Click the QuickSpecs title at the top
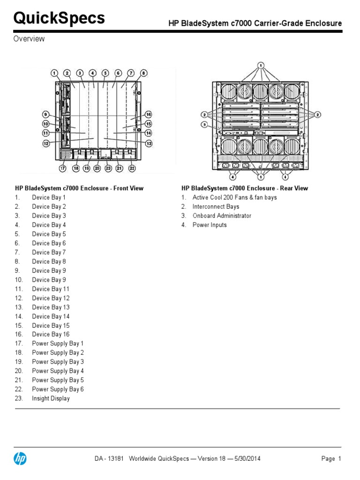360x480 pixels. click(x=59, y=18)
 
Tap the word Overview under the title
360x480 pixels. click(x=29, y=39)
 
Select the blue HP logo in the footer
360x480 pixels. click(x=20, y=459)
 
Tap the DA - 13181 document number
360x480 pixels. click(x=108, y=459)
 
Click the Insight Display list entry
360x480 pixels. click(x=51, y=398)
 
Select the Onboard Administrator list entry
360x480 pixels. click(x=222, y=216)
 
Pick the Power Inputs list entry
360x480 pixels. click(x=210, y=225)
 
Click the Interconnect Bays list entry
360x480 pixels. click(x=216, y=207)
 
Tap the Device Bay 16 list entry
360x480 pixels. click(x=51, y=335)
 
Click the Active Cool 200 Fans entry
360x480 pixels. click(x=234, y=197)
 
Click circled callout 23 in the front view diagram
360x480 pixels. click(x=108, y=168)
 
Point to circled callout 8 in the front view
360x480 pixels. click(x=144, y=73)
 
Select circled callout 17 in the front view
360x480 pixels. click(x=62, y=168)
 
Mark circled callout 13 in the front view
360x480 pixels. click(x=149, y=143)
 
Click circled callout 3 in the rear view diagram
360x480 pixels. click(x=204, y=124)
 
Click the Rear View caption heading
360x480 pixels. click(x=245, y=188)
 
